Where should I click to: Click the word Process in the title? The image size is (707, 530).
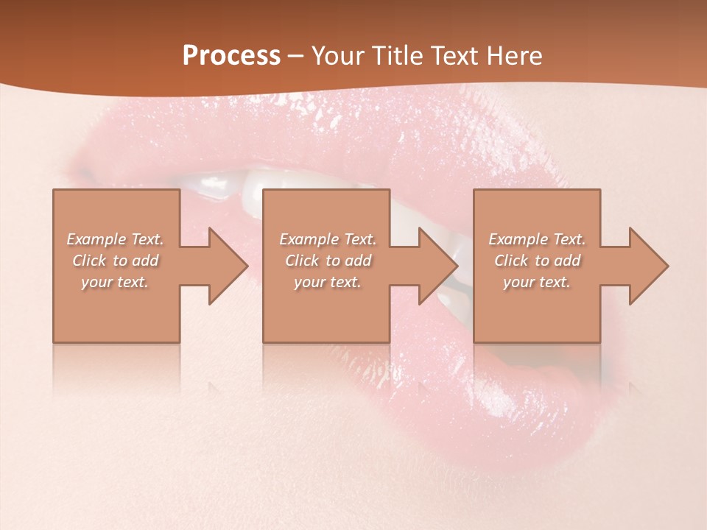pos(231,56)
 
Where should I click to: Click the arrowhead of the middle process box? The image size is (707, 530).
pos(437,266)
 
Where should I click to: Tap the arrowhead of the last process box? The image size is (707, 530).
pos(648,266)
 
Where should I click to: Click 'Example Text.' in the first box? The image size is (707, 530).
pos(116,239)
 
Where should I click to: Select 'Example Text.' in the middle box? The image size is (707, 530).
pos(328,239)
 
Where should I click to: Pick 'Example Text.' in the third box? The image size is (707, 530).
pos(537,239)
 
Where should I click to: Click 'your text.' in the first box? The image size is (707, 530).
pos(116,282)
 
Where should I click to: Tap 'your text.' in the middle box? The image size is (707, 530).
pos(328,282)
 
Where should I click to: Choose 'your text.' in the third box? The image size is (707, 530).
pos(537,282)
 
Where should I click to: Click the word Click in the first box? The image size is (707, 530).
pos(90,261)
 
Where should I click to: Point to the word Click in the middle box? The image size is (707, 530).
pos(302,261)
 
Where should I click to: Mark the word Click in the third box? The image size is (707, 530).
pos(511,261)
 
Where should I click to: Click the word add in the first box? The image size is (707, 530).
pos(145,261)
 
